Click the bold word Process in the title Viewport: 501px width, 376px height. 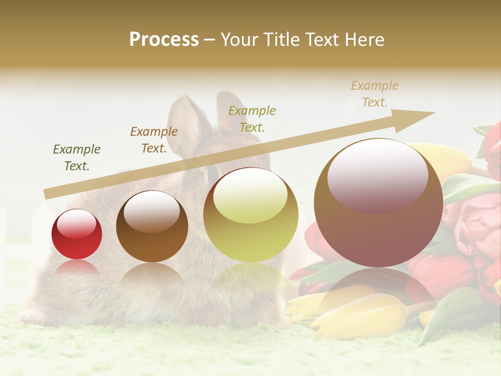click(164, 39)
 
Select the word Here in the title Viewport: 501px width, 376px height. click(364, 39)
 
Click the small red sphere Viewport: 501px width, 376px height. click(77, 234)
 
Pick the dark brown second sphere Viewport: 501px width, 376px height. click(152, 227)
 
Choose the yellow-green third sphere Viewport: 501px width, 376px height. click(250, 215)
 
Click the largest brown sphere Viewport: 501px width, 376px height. click(378, 203)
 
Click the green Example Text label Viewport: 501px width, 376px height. click(77, 158)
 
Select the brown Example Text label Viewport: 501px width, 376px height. click(154, 140)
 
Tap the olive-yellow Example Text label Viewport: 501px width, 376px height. click(252, 119)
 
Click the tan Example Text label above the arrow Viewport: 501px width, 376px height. click(375, 94)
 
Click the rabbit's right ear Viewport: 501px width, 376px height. click(230, 112)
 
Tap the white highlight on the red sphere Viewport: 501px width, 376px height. click(76, 223)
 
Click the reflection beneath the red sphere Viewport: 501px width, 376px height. click(77, 269)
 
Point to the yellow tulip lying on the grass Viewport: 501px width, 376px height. click(360, 313)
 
